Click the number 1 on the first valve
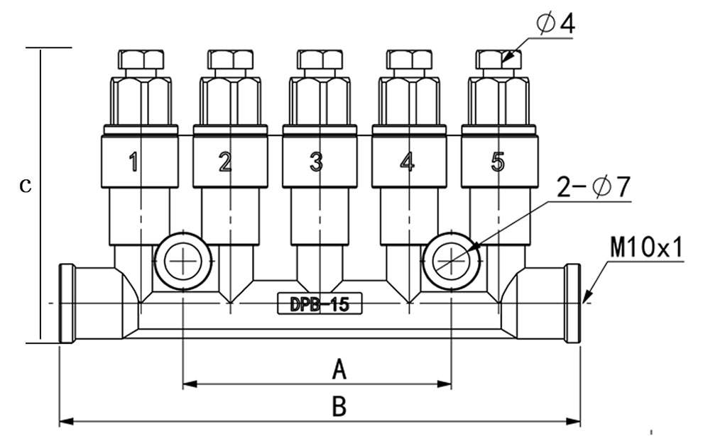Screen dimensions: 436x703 click(133, 163)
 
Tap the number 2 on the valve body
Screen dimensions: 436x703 click(225, 163)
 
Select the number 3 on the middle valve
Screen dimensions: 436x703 click(316, 163)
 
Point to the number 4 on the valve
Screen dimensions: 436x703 click(407, 163)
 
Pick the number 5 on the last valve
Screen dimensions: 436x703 click(497, 162)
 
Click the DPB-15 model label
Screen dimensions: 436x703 click(320, 304)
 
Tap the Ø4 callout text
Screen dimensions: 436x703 click(555, 23)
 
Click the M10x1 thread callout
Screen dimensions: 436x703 click(646, 248)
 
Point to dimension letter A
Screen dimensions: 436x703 click(339, 369)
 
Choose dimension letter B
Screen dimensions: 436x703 click(339, 407)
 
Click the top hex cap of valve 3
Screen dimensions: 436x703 click(319, 60)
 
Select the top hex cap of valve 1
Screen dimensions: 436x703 click(140, 60)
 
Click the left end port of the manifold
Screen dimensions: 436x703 click(67, 303)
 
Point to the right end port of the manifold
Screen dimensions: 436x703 click(572, 303)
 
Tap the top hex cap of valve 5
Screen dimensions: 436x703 click(498, 60)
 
